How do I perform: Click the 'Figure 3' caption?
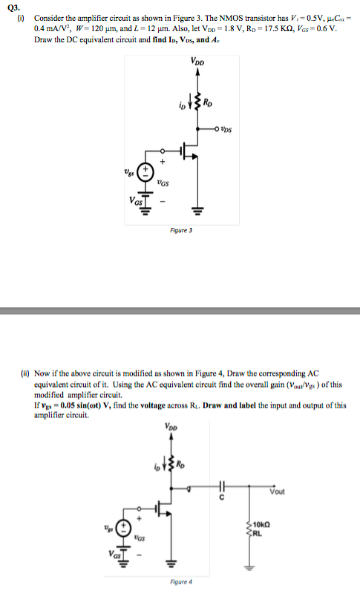[x=180, y=230]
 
